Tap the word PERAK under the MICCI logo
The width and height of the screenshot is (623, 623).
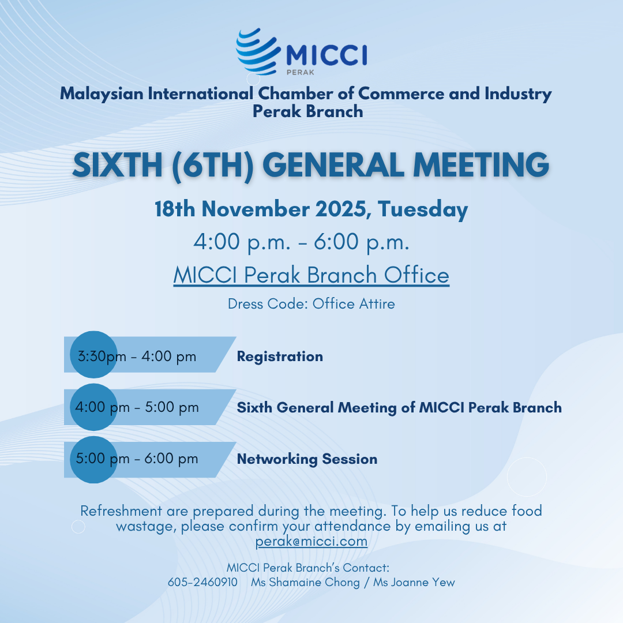[x=301, y=72]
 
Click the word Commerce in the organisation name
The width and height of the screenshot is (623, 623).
[x=401, y=94]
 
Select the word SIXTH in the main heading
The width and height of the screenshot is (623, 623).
[x=118, y=165]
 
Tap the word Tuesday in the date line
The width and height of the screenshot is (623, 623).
[x=423, y=210]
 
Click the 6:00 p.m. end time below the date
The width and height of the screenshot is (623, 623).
[x=362, y=242]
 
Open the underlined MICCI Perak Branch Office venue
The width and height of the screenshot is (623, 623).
[x=311, y=275]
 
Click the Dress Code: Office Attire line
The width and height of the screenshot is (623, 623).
[x=311, y=304]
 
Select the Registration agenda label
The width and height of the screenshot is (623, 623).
[x=280, y=356]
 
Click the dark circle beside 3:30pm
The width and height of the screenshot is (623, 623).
[x=94, y=354]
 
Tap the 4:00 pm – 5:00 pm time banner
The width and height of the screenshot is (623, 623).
[x=150, y=407]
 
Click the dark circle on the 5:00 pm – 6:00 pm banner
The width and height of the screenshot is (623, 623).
[x=94, y=460]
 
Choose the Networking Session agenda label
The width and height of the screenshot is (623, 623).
[x=307, y=459]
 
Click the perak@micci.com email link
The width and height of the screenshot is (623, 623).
[x=311, y=542]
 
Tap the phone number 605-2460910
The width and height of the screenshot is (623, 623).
[x=202, y=583]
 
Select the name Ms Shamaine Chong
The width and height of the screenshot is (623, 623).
[x=305, y=583]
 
